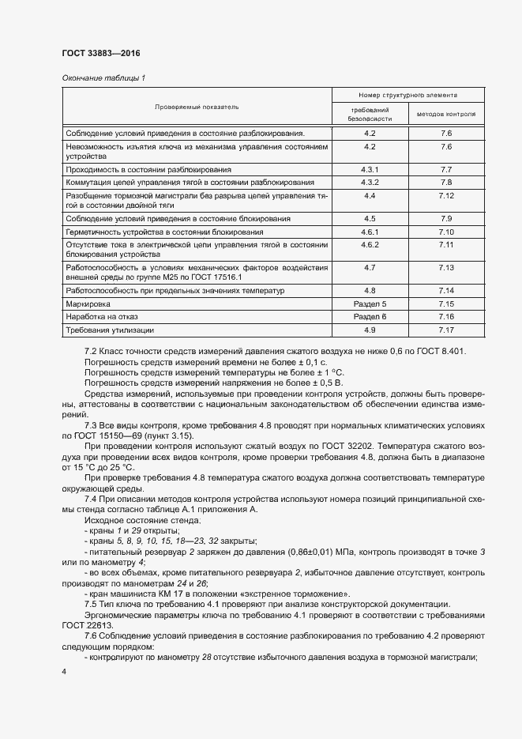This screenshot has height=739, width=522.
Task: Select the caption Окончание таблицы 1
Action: [x=103, y=77]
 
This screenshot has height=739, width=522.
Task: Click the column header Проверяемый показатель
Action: [x=197, y=106]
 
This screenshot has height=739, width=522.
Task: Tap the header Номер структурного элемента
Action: [x=407, y=95]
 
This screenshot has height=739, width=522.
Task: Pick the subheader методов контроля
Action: [x=445, y=114]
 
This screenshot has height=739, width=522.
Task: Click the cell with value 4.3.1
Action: [x=370, y=170]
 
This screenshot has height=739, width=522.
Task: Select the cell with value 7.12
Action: [x=445, y=195]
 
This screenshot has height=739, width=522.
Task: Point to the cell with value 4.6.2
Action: [x=370, y=246]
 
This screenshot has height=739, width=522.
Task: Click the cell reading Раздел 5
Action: [x=370, y=304]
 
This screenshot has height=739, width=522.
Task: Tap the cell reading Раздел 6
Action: [x=370, y=316]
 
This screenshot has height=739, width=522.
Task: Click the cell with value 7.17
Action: [x=445, y=330]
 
